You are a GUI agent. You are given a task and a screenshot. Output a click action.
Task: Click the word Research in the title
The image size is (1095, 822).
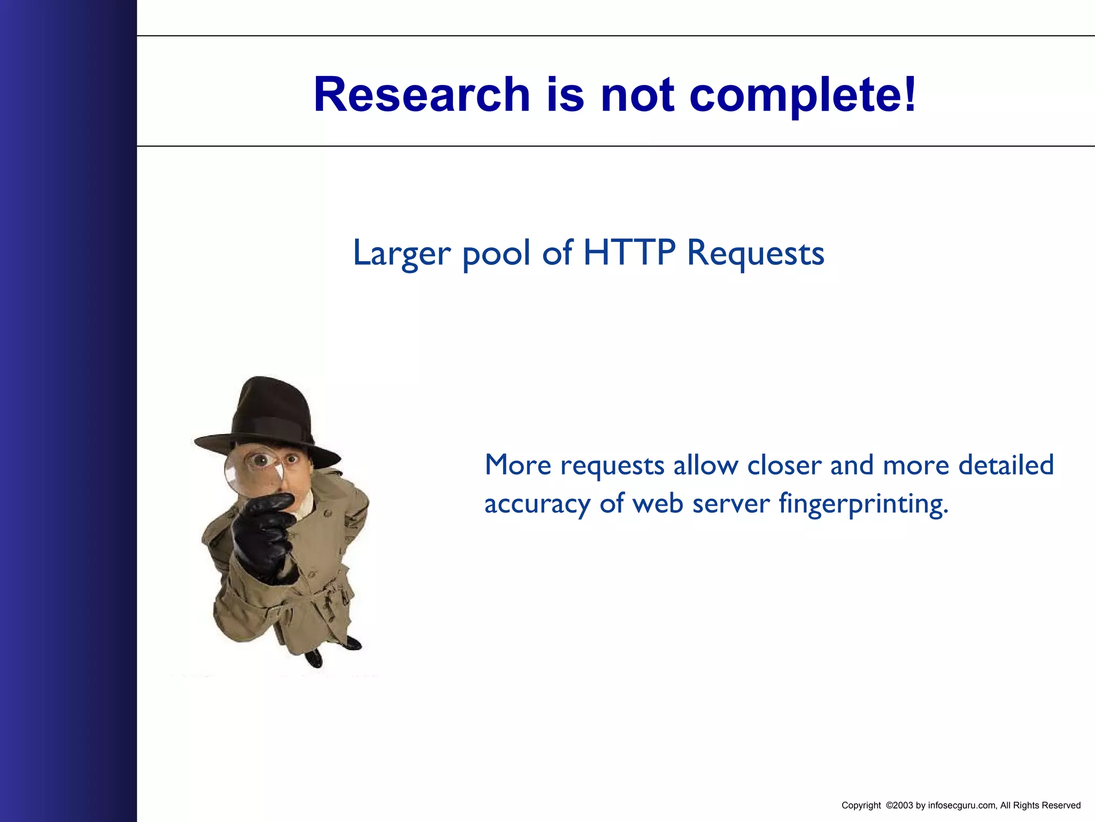click(x=421, y=95)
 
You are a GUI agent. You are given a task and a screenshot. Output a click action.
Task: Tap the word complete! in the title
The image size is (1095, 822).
click(x=803, y=95)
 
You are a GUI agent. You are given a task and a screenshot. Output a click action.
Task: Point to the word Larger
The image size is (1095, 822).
click(x=402, y=254)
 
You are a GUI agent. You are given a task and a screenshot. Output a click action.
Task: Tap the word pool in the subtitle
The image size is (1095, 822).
click(x=497, y=254)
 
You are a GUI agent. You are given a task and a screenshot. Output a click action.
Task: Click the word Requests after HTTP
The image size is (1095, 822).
click(x=755, y=254)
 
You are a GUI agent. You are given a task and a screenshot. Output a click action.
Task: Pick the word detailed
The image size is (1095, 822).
click(x=1006, y=465)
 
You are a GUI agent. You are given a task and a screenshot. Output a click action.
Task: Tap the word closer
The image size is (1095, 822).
click(x=784, y=465)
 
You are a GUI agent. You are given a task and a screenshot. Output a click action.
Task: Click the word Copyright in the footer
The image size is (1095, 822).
click(x=861, y=805)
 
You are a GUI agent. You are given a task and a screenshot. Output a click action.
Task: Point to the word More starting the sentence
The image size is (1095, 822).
click(x=518, y=465)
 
